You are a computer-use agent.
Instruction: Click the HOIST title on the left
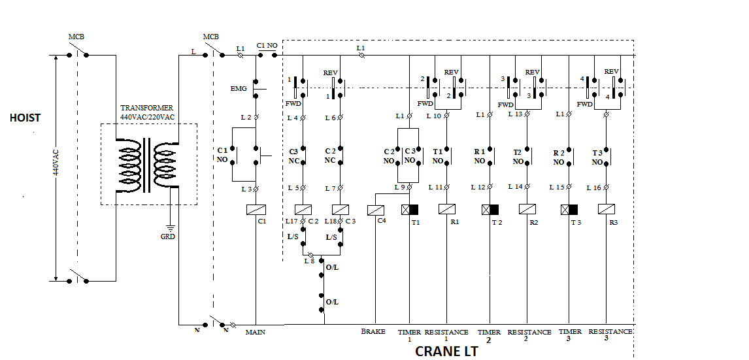pos(25,118)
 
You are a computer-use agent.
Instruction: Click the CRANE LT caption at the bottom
pos(446,352)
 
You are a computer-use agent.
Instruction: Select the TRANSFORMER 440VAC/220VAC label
pos(148,112)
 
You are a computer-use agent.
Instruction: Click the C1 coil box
pos(256,210)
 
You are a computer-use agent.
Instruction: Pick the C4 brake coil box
pos(376,210)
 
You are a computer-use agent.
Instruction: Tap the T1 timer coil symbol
pos(409,210)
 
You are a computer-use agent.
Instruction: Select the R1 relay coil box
pos(447,210)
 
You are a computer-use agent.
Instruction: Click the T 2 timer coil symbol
pos(490,210)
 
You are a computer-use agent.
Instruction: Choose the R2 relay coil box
pos(527,210)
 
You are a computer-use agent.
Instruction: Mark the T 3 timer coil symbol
pos(569,210)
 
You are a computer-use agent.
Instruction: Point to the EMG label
pos(239,88)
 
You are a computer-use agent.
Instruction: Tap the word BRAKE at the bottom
pos(373,332)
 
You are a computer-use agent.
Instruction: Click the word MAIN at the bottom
pos(256,333)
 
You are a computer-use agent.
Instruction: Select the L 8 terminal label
pos(309,261)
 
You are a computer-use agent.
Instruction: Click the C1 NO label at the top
pos(267,45)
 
